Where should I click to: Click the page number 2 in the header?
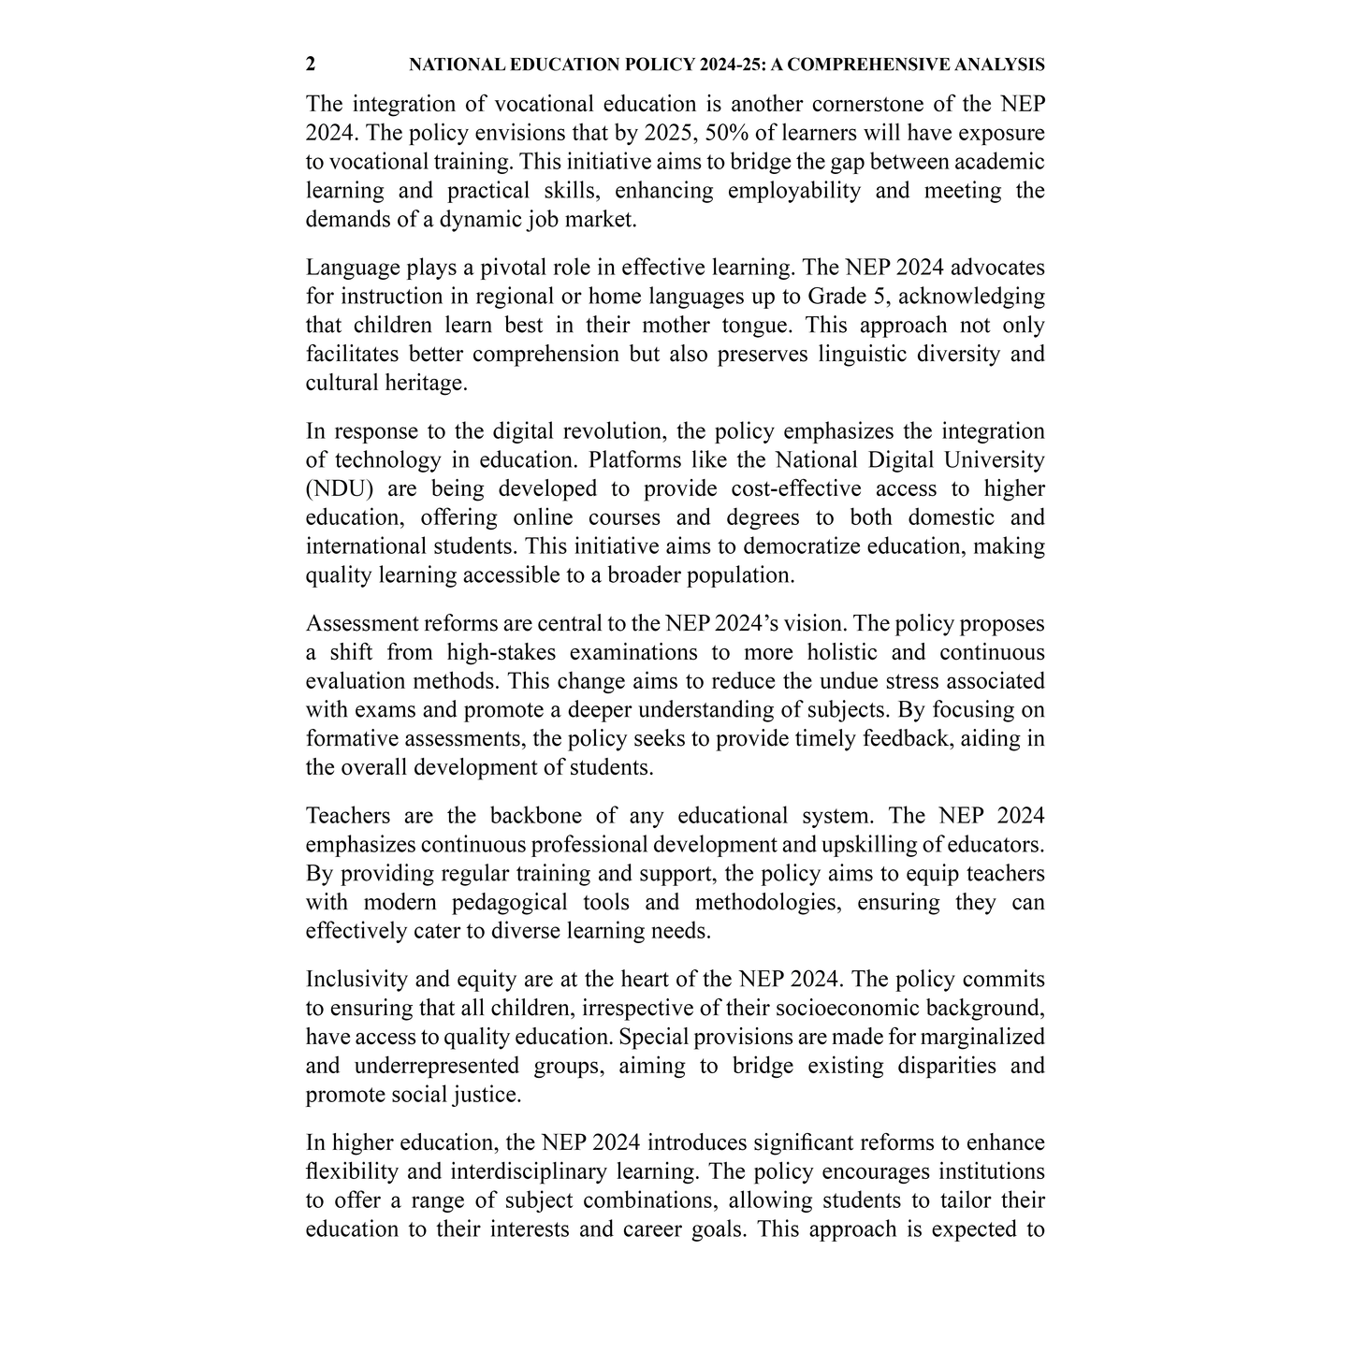[311, 65]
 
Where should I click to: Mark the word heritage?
[426, 384]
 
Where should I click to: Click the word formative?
[352, 739]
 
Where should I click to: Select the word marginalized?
[984, 1038]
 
